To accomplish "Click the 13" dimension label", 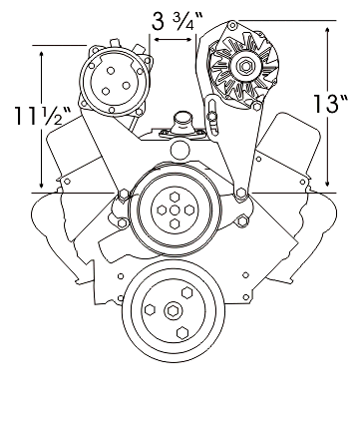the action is pyautogui.click(x=331, y=104).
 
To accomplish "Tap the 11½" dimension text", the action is pyautogui.click(x=42, y=116).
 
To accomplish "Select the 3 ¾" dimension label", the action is pyautogui.click(x=178, y=21).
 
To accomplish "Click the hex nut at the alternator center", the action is pyautogui.click(x=245, y=66).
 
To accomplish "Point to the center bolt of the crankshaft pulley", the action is pyautogui.click(x=174, y=311).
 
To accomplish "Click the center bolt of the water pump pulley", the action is pyautogui.click(x=175, y=211).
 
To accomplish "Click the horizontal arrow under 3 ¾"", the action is pyautogui.click(x=174, y=40).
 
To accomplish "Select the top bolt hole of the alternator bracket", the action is pyautogui.click(x=232, y=25).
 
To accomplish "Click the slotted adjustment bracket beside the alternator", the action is pyautogui.click(x=211, y=116).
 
